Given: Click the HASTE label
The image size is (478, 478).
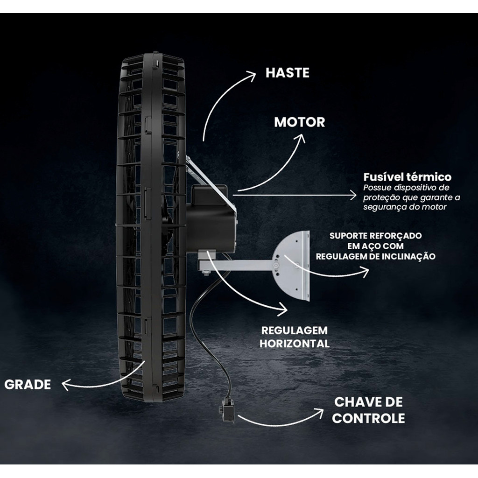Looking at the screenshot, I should [x=287, y=73].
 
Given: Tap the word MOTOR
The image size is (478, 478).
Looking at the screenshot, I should [x=299, y=122].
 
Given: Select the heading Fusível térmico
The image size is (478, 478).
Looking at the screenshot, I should [x=407, y=177].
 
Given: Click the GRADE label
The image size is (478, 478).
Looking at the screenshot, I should [x=28, y=385].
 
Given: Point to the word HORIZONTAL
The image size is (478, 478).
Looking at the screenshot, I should [x=294, y=344].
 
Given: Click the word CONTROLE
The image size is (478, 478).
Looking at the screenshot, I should [x=368, y=418].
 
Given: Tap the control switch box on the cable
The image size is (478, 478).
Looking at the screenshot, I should [x=227, y=411].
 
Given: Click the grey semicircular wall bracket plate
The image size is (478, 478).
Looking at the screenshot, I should [x=294, y=266].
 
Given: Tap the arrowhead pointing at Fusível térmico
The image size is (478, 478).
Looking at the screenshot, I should [x=353, y=195].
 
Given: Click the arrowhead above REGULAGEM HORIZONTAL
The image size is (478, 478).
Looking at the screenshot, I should [x=283, y=308].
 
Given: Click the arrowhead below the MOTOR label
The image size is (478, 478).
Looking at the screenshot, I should [x=301, y=139].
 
